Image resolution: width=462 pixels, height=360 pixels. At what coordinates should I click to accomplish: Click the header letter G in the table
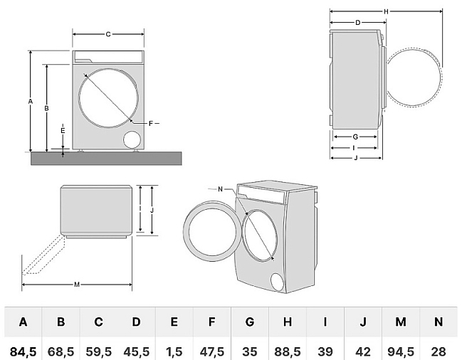[249, 322]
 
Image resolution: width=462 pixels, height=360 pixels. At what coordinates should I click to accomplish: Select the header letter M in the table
[400, 322]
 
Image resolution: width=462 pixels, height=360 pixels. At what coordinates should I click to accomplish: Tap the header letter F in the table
[211, 322]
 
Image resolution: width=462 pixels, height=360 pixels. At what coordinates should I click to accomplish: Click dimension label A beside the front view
[30, 102]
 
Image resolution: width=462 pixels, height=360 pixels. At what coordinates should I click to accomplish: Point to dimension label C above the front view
[108, 34]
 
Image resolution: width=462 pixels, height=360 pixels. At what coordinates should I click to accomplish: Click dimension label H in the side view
[386, 11]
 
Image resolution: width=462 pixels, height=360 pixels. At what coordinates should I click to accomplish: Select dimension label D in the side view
[357, 23]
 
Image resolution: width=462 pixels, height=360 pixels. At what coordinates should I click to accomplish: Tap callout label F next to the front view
[151, 124]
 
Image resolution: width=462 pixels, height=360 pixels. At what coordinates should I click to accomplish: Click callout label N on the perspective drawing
[221, 189]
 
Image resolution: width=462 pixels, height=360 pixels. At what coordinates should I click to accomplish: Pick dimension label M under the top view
[77, 285]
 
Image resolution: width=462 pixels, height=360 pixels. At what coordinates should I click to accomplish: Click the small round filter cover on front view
[132, 138]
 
